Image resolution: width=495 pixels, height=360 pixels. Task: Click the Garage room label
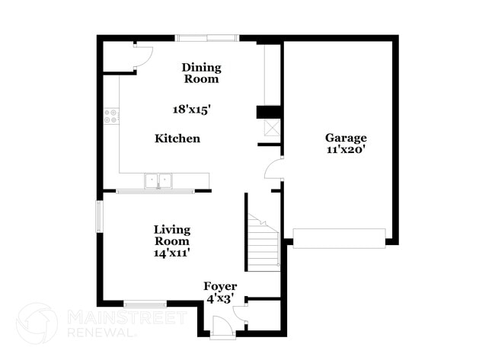pyautogui.click(x=346, y=138)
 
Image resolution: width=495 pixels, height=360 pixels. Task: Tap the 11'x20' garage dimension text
pyautogui.click(x=346, y=150)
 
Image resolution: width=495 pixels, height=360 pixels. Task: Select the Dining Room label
pyautogui.click(x=200, y=73)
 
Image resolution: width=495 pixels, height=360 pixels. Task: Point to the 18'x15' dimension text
pyautogui.click(x=191, y=109)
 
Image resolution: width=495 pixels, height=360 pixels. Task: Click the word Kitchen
pyautogui.click(x=177, y=139)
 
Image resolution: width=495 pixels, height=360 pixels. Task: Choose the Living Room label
pyautogui.click(x=172, y=234)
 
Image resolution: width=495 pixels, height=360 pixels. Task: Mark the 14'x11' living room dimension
pyautogui.click(x=172, y=252)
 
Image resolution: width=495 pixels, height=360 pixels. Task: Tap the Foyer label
pyautogui.click(x=220, y=286)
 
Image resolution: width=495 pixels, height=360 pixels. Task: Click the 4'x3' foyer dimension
pyautogui.click(x=220, y=299)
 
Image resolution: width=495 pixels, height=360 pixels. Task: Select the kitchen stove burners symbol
pyautogui.click(x=111, y=116)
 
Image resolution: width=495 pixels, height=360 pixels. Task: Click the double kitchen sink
pyautogui.click(x=158, y=180)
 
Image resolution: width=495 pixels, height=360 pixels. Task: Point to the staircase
pyautogui.click(x=264, y=244)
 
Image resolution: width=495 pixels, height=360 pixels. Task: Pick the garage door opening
pyautogui.click(x=339, y=238)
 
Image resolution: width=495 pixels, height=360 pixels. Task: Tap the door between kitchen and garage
pyautogui.click(x=273, y=168)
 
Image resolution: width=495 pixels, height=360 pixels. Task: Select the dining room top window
pyautogui.click(x=206, y=37)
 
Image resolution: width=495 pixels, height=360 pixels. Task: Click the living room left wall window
pyautogui.click(x=98, y=216)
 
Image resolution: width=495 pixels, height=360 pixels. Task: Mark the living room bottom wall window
pyautogui.click(x=145, y=304)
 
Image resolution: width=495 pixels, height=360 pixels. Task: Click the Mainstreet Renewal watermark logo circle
pyautogui.click(x=37, y=323)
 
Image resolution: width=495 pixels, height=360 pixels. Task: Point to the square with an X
pyautogui.click(x=272, y=127)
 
